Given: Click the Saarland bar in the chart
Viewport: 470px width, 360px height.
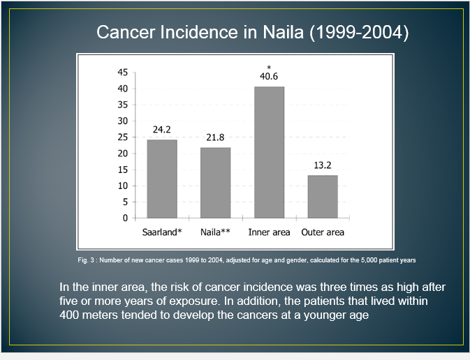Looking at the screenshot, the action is point(162,179).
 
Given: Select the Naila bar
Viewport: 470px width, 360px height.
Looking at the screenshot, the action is point(216,183).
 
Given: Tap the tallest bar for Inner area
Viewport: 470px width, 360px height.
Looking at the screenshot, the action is point(269,152).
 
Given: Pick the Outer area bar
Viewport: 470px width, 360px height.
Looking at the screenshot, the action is point(323,197).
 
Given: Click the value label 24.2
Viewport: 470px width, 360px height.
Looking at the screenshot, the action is point(162,129).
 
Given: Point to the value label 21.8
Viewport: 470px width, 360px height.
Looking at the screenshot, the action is point(215,137).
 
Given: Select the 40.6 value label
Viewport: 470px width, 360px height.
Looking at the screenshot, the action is point(269,76).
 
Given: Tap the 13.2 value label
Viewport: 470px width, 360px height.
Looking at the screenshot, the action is point(323,165).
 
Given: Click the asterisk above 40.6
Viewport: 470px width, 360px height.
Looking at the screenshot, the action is point(269,68).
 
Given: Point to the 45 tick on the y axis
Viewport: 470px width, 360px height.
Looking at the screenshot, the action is point(123,72).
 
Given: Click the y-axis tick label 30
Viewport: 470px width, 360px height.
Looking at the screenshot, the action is point(123,121).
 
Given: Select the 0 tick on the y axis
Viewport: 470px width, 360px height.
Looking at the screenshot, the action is point(125,218).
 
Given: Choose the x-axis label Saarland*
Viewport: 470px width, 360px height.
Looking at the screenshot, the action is point(162,232).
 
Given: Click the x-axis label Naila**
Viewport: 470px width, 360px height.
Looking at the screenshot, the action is point(215,232).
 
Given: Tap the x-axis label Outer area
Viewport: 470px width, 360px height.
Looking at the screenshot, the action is point(323,232).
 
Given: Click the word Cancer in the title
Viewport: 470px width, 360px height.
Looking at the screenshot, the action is point(126,32).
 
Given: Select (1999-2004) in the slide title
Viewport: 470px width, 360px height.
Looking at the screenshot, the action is point(359,32).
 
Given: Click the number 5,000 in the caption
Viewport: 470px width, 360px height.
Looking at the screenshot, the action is point(369,260).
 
